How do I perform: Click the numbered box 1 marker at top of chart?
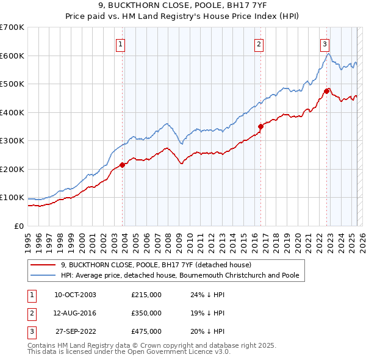(121, 43)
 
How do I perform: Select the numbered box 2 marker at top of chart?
(259, 43)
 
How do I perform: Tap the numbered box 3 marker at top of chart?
(325, 43)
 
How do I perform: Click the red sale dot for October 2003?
(123, 165)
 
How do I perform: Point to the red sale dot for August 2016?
(260, 126)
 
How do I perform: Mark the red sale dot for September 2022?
(326, 91)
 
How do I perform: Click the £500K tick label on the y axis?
(12, 84)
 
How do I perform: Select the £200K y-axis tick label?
(12, 169)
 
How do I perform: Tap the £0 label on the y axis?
(18, 226)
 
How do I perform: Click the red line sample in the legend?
(43, 265)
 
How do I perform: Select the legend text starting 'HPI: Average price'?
(180, 275)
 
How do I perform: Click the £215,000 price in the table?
(146, 295)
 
